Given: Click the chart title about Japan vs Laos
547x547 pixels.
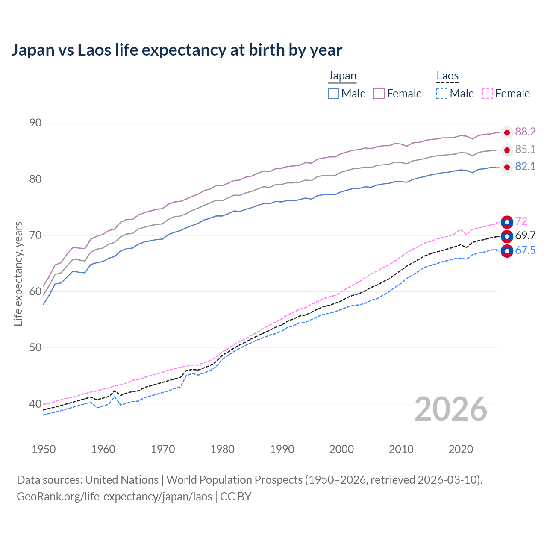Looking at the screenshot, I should [x=176, y=50].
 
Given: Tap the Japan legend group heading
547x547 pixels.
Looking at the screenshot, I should [x=342, y=76].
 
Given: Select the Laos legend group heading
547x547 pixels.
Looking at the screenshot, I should [x=447, y=76].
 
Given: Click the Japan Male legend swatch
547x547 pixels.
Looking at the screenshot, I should [x=334, y=94].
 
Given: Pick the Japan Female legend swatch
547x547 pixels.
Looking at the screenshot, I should [x=379, y=94].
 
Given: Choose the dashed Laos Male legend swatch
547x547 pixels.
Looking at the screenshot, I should [x=442, y=94].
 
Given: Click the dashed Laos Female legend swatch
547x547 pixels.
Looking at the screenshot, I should [x=488, y=94].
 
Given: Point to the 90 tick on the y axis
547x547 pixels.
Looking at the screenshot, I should [x=35, y=123].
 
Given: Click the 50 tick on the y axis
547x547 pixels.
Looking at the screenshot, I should [x=35, y=348].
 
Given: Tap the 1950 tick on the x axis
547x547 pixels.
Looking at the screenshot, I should [x=44, y=449].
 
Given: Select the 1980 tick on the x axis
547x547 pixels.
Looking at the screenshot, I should [x=222, y=449].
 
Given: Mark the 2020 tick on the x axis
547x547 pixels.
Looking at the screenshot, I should [x=461, y=449].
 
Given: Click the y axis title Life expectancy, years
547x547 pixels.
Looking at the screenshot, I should [x=18, y=273].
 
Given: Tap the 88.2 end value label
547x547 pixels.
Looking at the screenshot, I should [x=525, y=132].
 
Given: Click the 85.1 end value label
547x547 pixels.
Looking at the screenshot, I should [x=525, y=150].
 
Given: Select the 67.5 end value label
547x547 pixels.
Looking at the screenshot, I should [x=525, y=250].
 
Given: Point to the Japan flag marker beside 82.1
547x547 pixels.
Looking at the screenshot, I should [x=507, y=167].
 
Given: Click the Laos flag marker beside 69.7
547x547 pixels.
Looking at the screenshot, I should [x=507, y=236].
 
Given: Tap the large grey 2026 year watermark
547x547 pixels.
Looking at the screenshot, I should [x=451, y=409].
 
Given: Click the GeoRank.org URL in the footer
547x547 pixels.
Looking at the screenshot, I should [x=115, y=497].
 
